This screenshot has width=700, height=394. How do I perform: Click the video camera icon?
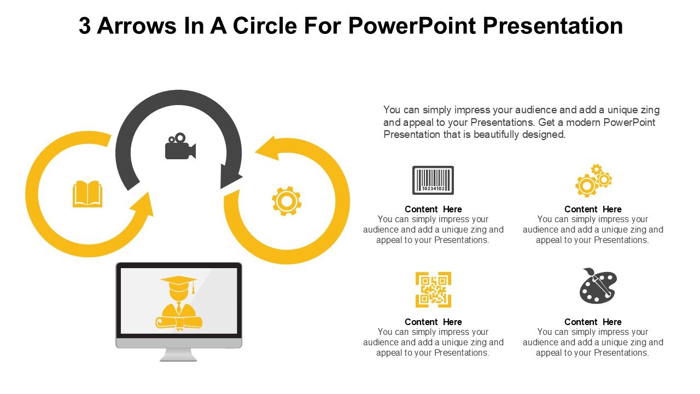pyautogui.click(x=180, y=146)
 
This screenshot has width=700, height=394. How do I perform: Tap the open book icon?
pyautogui.click(x=87, y=194)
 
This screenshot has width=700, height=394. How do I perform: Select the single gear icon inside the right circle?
pyautogui.click(x=287, y=201)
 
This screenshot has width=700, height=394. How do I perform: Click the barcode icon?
pyautogui.click(x=433, y=181)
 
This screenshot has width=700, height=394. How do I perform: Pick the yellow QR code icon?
pyautogui.click(x=433, y=290)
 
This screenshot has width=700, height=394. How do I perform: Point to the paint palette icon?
pyautogui.click(x=598, y=286)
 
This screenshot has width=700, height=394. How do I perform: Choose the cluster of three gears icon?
pyautogui.click(x=593, y=181)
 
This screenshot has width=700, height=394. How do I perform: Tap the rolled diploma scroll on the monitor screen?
pyautogui.click(x=179, y=323)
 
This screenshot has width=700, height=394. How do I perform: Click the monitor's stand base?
pyautogui.click(x=178, y=355)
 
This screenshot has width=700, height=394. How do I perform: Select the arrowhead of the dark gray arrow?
pyautogui.click(x=230, y=176)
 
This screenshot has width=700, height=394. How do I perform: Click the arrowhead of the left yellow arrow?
pyautogui.click(x=142, y=205)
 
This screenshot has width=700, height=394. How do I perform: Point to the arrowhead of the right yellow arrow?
pyautogui.click(x=268, y=148)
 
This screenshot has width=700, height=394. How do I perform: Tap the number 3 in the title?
pyautogui.click(x=85, y=26)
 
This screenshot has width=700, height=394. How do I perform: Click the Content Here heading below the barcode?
pyautogui.click(x=433, y=209)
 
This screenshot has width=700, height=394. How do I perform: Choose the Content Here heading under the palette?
pyautogui.click(x=593, y=322)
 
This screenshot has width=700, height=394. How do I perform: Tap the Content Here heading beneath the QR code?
pyautogui.click(x=433, y=322)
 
